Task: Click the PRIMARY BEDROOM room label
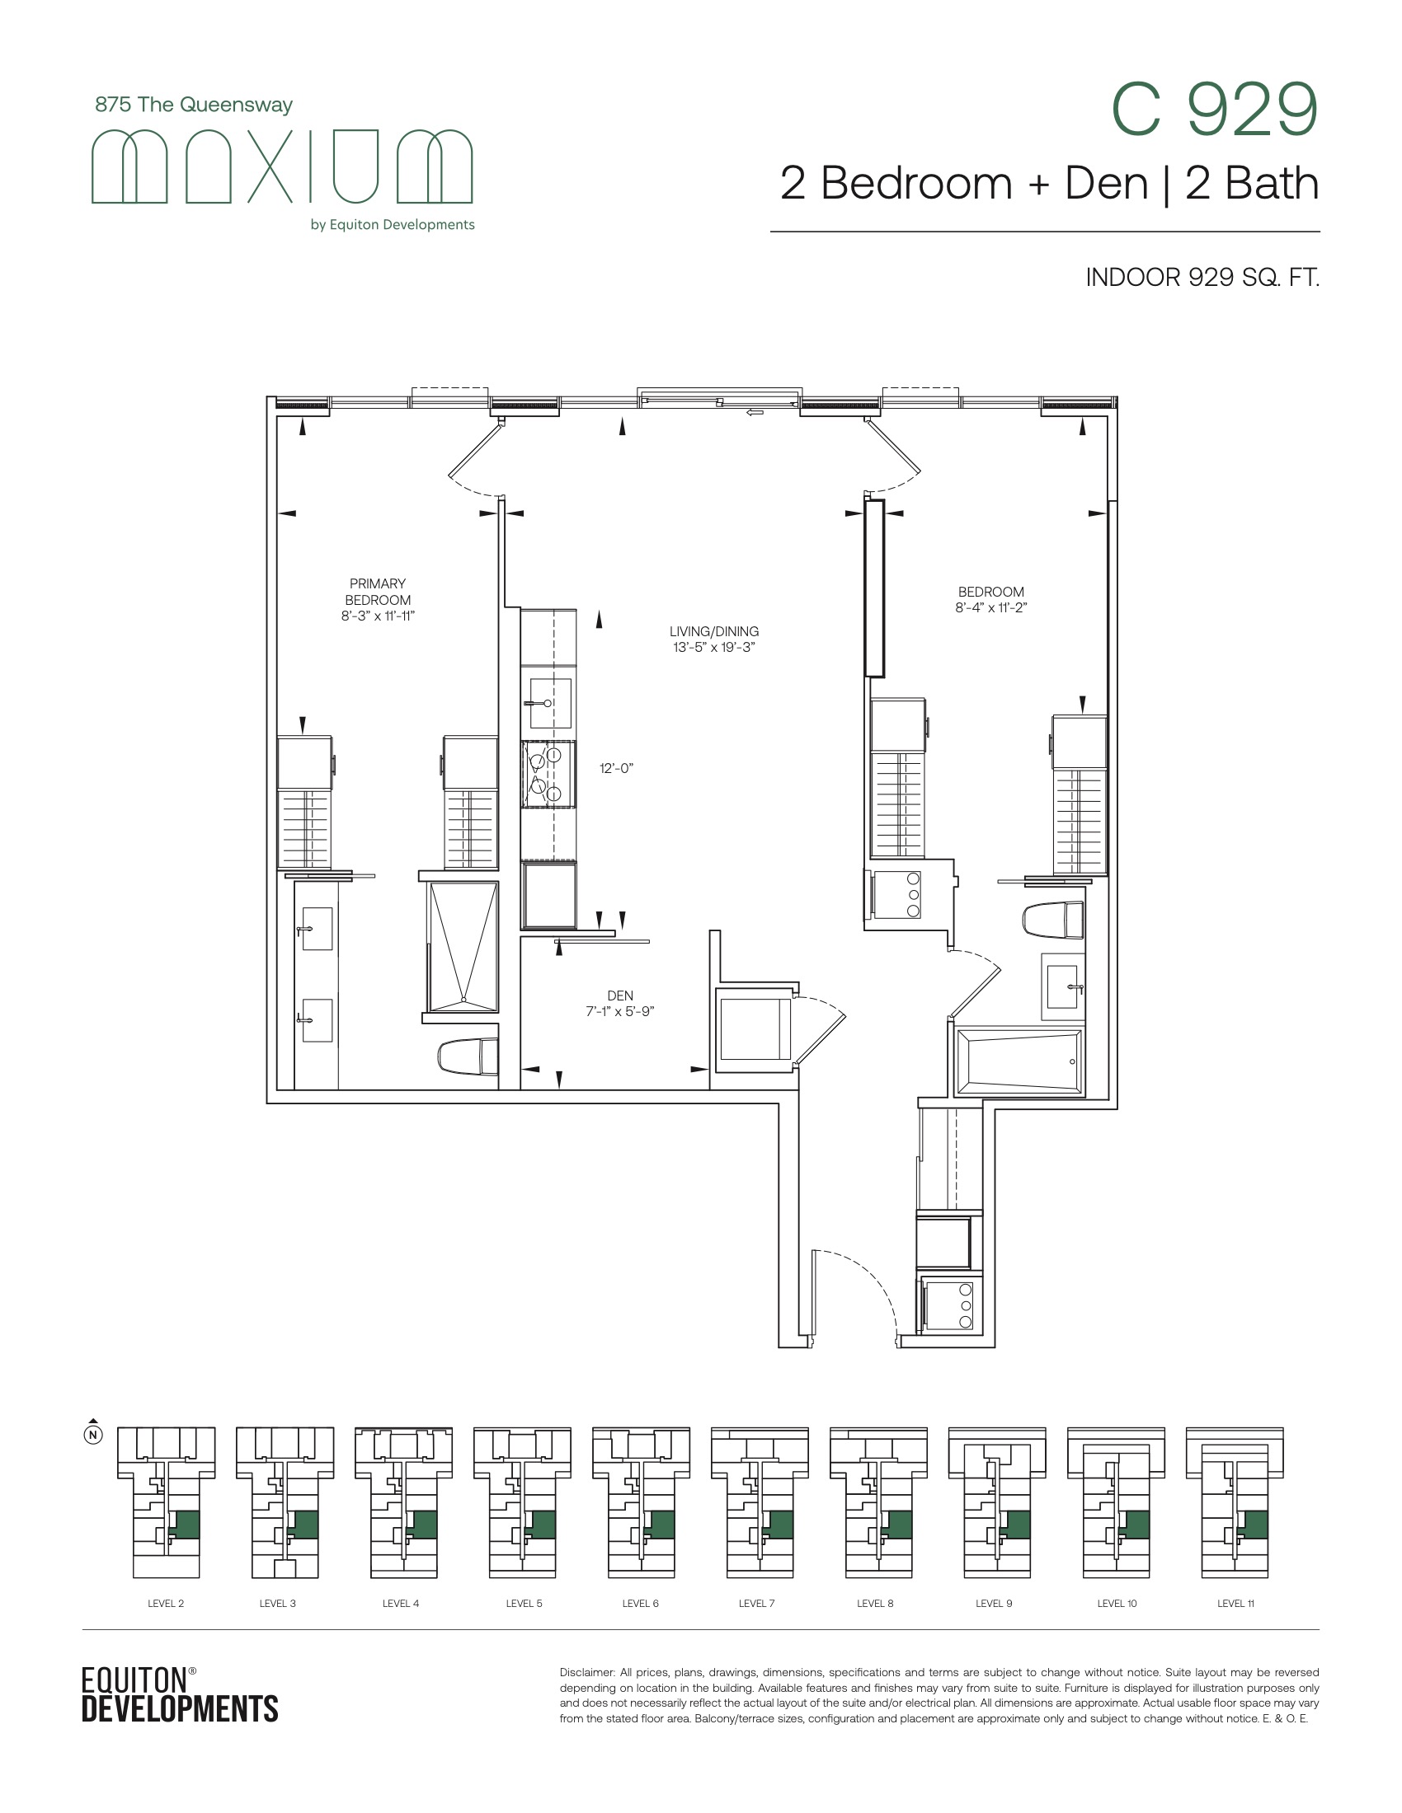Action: [378, 599]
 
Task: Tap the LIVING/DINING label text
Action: [714, 639]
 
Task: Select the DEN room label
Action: [620, 1003]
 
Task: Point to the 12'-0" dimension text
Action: [616, 768]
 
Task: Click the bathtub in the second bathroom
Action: [1020, 1062]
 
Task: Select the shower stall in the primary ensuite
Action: [463, 946]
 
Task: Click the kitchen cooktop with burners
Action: [548, 775]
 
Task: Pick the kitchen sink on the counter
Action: [548, 702]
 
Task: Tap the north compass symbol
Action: [94, 1433]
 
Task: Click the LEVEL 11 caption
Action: [1236, 1603]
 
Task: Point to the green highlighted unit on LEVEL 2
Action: [186, 1524]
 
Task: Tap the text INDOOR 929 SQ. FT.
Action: [1202, 277]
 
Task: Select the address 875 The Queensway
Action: [194, 105]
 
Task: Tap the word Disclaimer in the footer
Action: [586, 1673]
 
